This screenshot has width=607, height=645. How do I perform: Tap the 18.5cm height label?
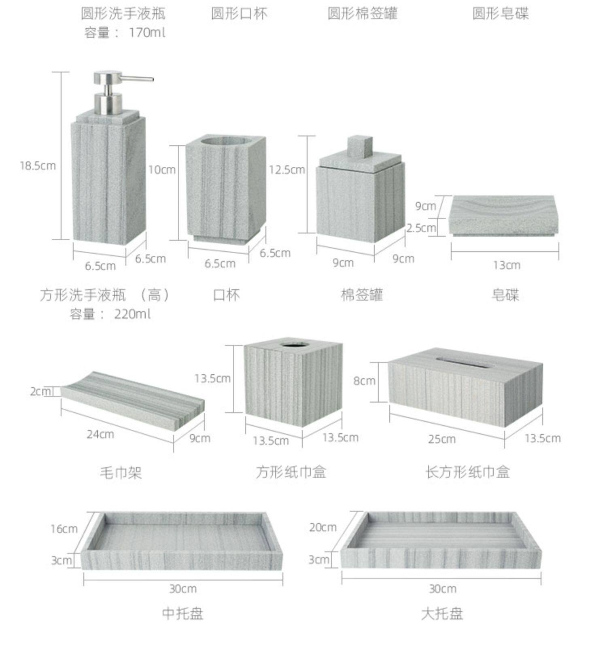(x=38, y=165)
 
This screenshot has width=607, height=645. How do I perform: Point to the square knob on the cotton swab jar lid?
(x=359, y=146)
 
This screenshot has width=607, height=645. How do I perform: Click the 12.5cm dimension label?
(x=287, y=170)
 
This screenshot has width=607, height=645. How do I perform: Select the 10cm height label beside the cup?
(x=162, y=170)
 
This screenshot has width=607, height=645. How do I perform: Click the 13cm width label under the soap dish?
(x=506, y=265)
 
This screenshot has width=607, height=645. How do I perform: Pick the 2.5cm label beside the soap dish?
(x=421, y=228)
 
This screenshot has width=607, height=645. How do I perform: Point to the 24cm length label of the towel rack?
(x=100, y=434)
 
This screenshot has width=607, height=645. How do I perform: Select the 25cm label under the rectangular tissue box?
(x=442, y=439)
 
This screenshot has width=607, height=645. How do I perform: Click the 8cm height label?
(x=364, y=381)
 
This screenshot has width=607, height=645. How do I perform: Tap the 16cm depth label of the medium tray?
(x=64, y=528)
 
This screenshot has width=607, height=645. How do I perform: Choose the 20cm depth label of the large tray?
(x=323, y=527)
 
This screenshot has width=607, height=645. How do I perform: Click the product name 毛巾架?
(x=121, y=472)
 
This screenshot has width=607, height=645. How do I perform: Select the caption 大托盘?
(x=442, y=613)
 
